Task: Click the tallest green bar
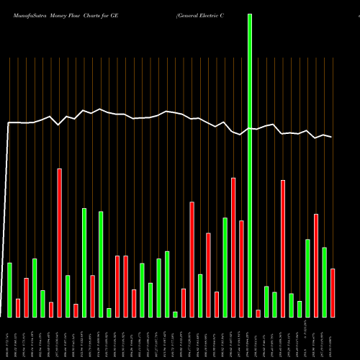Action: point(250,166)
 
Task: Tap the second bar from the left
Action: point(18,307)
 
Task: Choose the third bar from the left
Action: point(26,297)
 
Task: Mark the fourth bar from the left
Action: point(35,287)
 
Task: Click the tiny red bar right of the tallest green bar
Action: point(258,313)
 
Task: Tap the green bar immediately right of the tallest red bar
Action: point(68,296)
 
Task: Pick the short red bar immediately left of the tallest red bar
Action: point(51,310)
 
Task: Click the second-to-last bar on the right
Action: point(324,282)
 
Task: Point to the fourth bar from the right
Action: point(307,278)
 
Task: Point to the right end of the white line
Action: point(332,137)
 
